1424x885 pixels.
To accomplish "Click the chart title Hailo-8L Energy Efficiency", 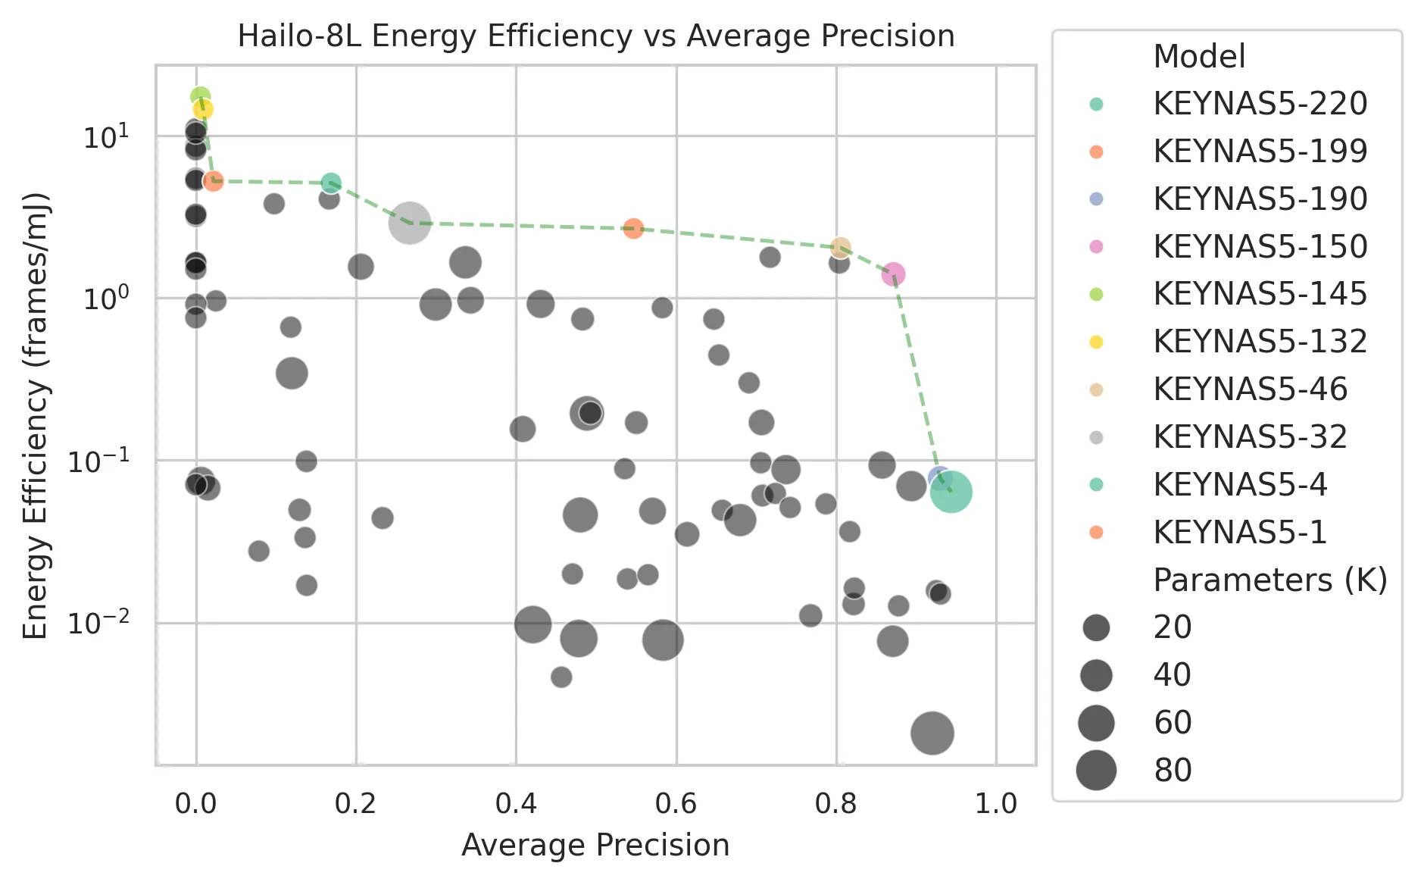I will tap(595, 36).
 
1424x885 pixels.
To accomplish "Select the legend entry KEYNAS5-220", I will tap(1259, 104).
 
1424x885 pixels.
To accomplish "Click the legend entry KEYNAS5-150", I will tap(1259, 246).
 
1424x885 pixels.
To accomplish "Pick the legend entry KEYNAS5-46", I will tap(1250, 389).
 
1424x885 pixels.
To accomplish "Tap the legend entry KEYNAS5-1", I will tap(1239, 533).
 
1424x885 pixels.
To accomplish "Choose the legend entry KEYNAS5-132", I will tap(1259, 342).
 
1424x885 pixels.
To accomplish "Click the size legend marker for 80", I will tap(1096, 771).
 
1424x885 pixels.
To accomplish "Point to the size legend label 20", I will tap(1172, 627).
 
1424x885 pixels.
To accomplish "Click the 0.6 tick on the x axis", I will tap(676, 803).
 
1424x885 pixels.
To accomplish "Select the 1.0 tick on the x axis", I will tap(995, 803).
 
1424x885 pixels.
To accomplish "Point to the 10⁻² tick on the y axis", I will tap(98, 623).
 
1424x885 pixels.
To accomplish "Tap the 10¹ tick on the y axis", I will tap(106, 137).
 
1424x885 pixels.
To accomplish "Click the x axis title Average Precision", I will tap(595, 846).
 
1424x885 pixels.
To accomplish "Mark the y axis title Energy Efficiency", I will tap(36, 415).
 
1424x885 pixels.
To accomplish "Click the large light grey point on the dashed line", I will tap(410, 223).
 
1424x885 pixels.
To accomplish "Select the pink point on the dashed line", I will tap(894, 274).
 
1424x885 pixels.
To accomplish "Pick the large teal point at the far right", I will tap(951, 493).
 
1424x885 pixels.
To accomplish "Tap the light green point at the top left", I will tap(200, 97).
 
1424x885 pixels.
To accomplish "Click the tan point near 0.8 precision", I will tap(840, 248).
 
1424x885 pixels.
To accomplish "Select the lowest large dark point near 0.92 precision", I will tap(932, 733).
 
